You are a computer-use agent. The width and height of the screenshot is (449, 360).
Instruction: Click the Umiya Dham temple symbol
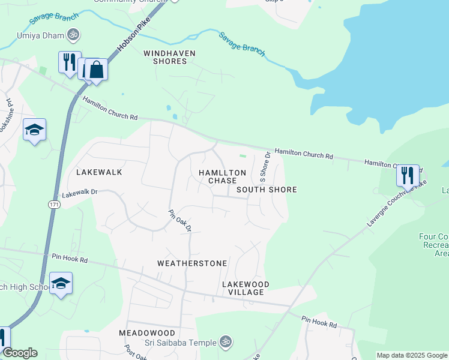tap(73, 35)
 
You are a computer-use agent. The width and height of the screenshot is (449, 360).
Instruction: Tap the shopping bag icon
tap(96, 70)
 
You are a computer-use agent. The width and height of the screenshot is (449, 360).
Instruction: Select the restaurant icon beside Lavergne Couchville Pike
tap(408, 176)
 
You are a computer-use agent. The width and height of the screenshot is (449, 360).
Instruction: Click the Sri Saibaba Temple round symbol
tap(225, 342)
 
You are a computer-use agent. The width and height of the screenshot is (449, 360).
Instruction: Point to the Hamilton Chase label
tap(222, 176)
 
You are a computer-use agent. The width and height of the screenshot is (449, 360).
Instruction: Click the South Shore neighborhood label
tap(267, 190)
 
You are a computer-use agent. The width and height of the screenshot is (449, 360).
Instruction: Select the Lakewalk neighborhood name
tap(99, 172)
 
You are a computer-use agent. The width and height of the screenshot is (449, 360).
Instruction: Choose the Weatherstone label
tap(192, 263)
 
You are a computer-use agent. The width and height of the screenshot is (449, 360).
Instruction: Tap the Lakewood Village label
tap(245, 288)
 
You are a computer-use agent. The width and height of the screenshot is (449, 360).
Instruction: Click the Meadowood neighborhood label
tap(146, 332)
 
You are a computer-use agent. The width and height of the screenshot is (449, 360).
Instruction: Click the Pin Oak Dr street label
tap(179, 221)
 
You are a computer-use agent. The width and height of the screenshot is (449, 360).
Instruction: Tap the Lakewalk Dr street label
tap(79, 193)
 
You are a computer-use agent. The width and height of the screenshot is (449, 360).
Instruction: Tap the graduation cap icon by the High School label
tap(61, 283)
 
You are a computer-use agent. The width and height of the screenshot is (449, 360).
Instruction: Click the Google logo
tap(20, 353)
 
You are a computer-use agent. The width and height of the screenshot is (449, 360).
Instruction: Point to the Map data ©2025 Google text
tap(412, 355)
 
